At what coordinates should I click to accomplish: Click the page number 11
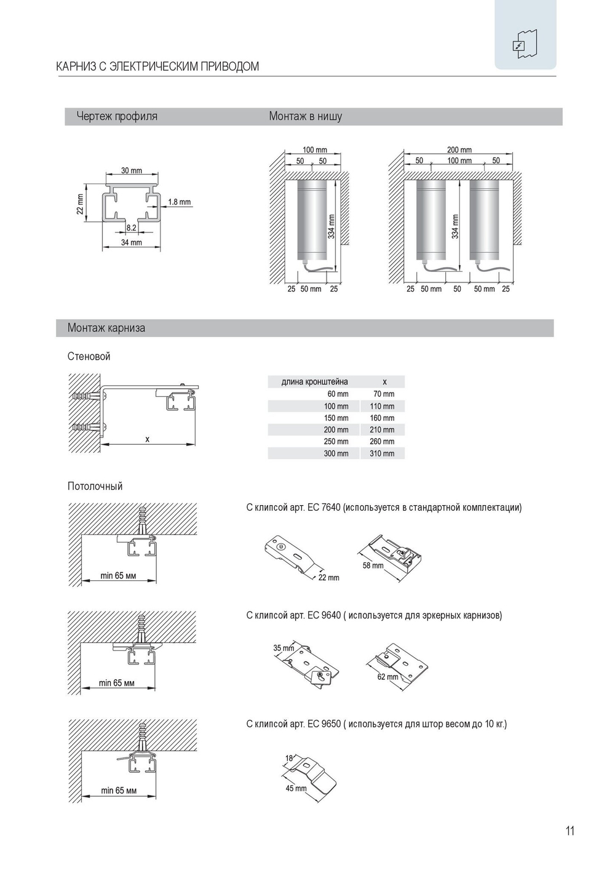pos(569,831)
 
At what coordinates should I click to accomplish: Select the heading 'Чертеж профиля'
pos(117,116)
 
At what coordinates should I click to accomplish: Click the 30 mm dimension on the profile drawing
pos(131,170)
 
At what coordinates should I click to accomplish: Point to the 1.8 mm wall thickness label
pos(179,202)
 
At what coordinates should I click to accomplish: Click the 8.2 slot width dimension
pos(131,228)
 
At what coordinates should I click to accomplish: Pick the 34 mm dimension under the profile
pos(131,242)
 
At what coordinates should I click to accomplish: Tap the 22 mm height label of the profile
pos(80,204)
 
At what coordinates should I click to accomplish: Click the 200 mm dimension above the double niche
pos(459,150)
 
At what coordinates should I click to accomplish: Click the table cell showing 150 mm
pos(336,418)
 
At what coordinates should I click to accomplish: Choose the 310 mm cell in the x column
pos(382,453)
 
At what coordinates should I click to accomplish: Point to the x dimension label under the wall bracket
pos(147,439)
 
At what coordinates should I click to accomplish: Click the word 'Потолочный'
pos(95,486)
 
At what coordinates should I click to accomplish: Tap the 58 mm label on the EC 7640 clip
pos(373,565)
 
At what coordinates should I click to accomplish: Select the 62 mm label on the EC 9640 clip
pos(387,677)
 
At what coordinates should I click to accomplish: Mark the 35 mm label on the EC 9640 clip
pos(284,648)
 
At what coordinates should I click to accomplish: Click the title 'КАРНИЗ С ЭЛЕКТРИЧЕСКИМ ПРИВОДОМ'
pos(157,66)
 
